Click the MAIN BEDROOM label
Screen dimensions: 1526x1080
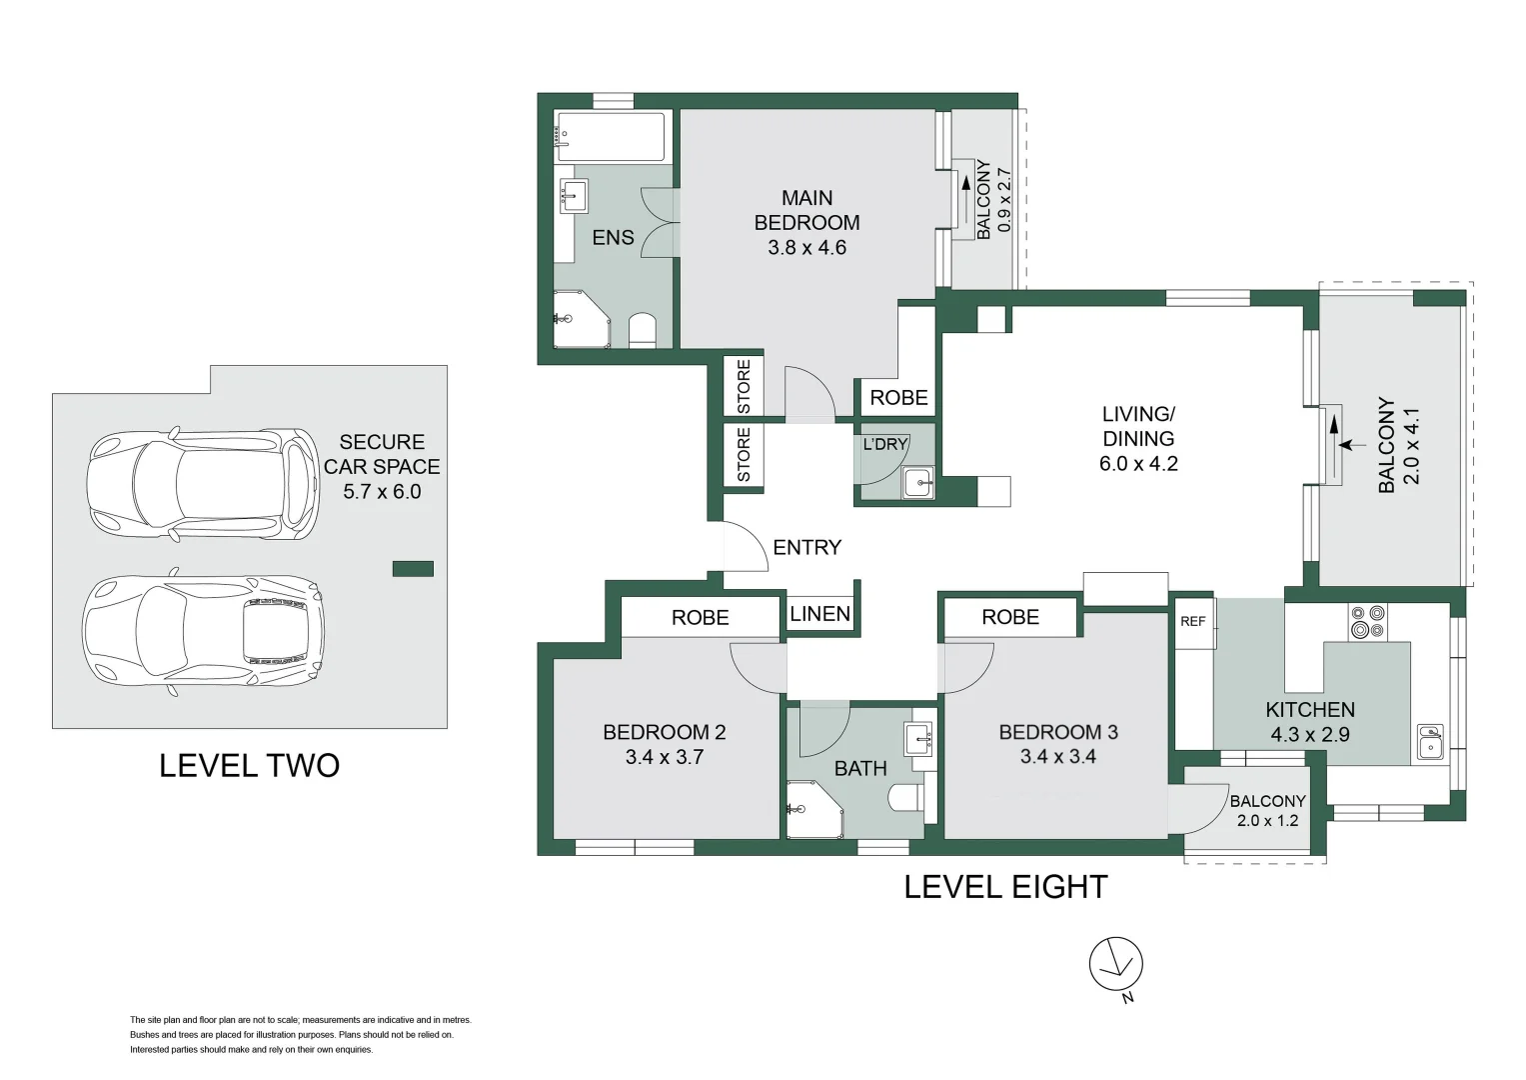[x=806, y=210]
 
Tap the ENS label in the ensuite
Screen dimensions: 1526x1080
[x=614, y=237]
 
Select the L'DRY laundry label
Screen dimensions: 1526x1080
[x=885, y=445]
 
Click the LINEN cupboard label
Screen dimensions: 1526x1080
[x=820, y=614]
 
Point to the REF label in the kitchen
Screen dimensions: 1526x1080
[x=1193, y=621]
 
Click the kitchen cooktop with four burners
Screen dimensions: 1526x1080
[x=1368, y=622]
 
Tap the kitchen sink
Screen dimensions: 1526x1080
[x=1430, y=741]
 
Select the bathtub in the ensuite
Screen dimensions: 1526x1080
[x=611, y=136]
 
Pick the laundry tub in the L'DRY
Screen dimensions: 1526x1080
[x=918, y=483]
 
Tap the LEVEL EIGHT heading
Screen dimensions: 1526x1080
[x=1005, y=887]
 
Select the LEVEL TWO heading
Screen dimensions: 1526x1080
[x=250, y=766]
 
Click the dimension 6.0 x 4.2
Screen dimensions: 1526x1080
[x=1138, y=464]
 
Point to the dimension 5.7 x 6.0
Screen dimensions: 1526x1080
[x=382, y=492]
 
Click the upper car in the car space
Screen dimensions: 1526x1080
[x=203, y=484]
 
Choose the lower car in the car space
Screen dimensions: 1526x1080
[x=203, y=631]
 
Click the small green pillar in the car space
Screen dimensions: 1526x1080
[x=413, y=569]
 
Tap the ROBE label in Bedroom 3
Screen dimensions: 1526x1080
[x=1010, y=617]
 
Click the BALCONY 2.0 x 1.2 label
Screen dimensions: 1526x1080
[x=1268, y=811]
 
